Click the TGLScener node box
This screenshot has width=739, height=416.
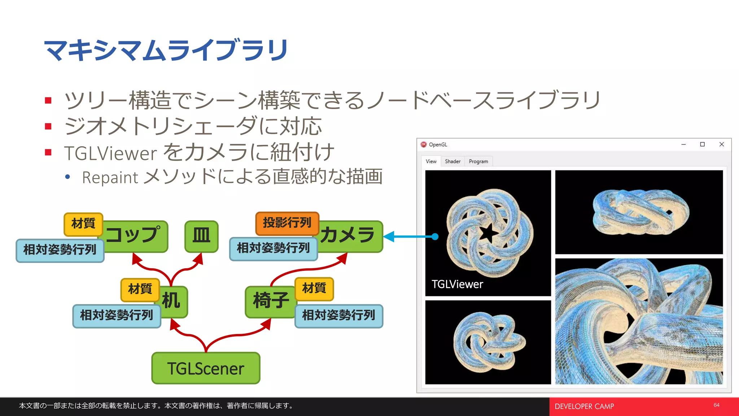[x=206, y=368]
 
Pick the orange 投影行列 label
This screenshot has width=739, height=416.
[x=287, y=222]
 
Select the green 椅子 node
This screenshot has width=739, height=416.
[x=270, y=301]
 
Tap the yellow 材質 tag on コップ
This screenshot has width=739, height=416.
[x=83, y=224]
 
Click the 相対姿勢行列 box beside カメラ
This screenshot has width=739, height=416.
[x=273, y=248]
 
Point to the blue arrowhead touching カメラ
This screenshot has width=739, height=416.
[x=389, y=237]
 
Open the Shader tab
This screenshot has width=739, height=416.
[x=452, y=161]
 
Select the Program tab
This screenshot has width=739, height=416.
[x=478, y=161]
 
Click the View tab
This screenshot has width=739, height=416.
[x=431, y=161]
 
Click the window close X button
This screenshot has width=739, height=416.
[x=722, y=144]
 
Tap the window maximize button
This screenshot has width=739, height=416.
[x=702, y=144]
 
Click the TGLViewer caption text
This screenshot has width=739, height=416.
[x=457, y=285]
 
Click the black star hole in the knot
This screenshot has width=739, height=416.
[x=488, y=233]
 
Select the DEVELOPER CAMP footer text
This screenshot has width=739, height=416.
[x=584, y=407]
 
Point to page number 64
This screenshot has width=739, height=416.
[x=716, y=405]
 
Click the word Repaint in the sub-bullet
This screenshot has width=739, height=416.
[x=110, y=178]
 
